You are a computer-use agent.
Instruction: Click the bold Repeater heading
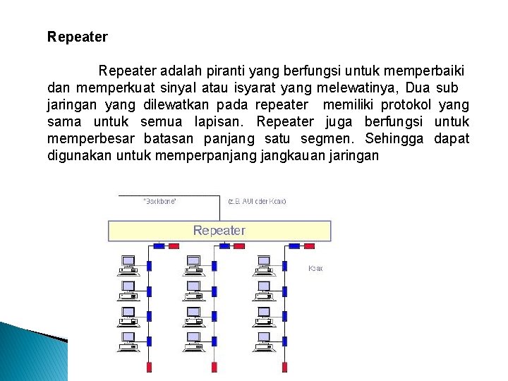(78, 36)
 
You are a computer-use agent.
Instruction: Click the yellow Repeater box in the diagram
(219, 231)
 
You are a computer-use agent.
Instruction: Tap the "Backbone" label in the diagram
(160, 201)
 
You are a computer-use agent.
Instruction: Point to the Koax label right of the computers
(315, 269)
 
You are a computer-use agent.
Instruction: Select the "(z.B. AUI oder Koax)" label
(257, 201)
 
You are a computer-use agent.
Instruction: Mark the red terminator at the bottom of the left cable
(149, 368)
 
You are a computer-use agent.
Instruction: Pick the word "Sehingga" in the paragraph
(395, 138)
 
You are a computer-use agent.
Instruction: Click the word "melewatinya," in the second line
(360, 88)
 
